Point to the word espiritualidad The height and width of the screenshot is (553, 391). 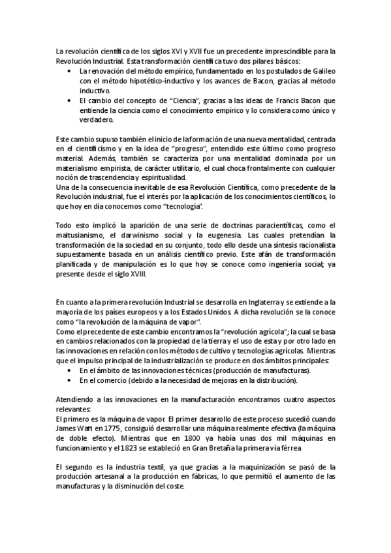pyautogui.click(x=157, y=179)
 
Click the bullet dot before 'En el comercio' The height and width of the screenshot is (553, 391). pyautogui.click(x=70, y=380)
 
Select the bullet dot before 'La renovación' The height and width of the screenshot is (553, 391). pyautogui.click(x=70, y=70)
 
